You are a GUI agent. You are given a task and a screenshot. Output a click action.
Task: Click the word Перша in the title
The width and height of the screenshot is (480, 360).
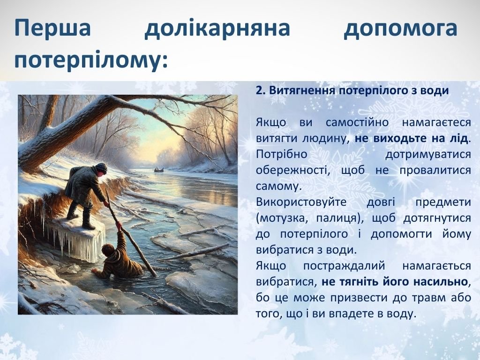[x=52, y=28]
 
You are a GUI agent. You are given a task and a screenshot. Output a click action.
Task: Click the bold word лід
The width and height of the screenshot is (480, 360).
[x=460, y=138]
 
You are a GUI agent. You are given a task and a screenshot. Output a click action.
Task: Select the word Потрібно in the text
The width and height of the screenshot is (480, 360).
[x=281, y=154]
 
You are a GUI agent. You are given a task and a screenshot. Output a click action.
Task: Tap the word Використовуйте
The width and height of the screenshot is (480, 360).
[x=301, y=202]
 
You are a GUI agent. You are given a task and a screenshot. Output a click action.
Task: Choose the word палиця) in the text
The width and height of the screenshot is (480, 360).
[x=340, y=218]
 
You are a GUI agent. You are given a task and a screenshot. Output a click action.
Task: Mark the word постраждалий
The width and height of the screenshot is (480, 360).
[x=344, y=266]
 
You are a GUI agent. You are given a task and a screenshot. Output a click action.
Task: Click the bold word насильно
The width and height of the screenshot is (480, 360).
[x=441, y=282]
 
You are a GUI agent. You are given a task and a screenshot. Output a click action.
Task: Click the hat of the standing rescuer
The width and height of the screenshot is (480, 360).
[x=101, y=168]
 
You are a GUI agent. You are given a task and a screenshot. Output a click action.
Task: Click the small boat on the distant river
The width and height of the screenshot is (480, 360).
[x=158, y=169]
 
